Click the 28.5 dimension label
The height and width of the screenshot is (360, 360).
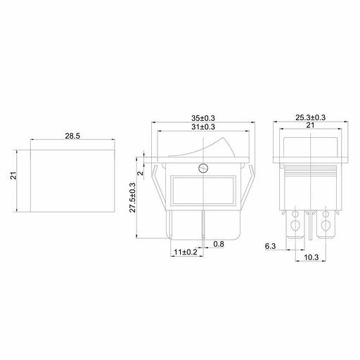point(72,136)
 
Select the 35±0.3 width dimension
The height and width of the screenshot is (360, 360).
point(203,118)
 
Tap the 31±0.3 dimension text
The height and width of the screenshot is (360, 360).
point(203,127)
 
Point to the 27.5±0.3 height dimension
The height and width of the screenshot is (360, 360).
point(133,198)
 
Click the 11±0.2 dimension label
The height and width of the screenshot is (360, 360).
point(186,252)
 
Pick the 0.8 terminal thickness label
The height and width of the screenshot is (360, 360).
point(219,244)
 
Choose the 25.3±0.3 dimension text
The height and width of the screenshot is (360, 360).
point(310,117)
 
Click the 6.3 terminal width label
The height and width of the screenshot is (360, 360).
point(270,246)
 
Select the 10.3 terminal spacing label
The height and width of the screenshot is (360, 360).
point(311,257)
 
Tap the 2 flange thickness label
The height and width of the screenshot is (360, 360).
point(140,174)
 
